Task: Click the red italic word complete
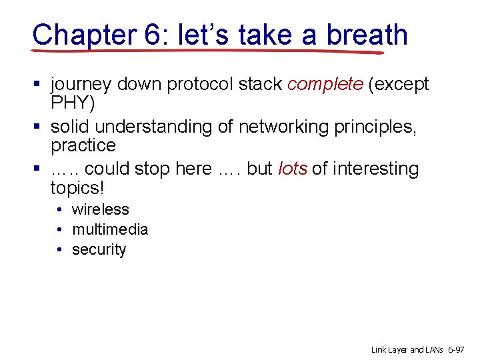[x=325, y=84]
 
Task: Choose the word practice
[x=83, y=145]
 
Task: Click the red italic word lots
[x=292, y=169]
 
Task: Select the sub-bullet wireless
[x=100, y=209]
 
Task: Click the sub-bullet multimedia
[x=110, y=229]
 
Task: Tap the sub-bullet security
[x=99, y=249]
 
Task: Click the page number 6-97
[x=457, y=349]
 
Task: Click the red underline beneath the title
[x=207, y=51]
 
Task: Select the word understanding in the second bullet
[x=162, y=127]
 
